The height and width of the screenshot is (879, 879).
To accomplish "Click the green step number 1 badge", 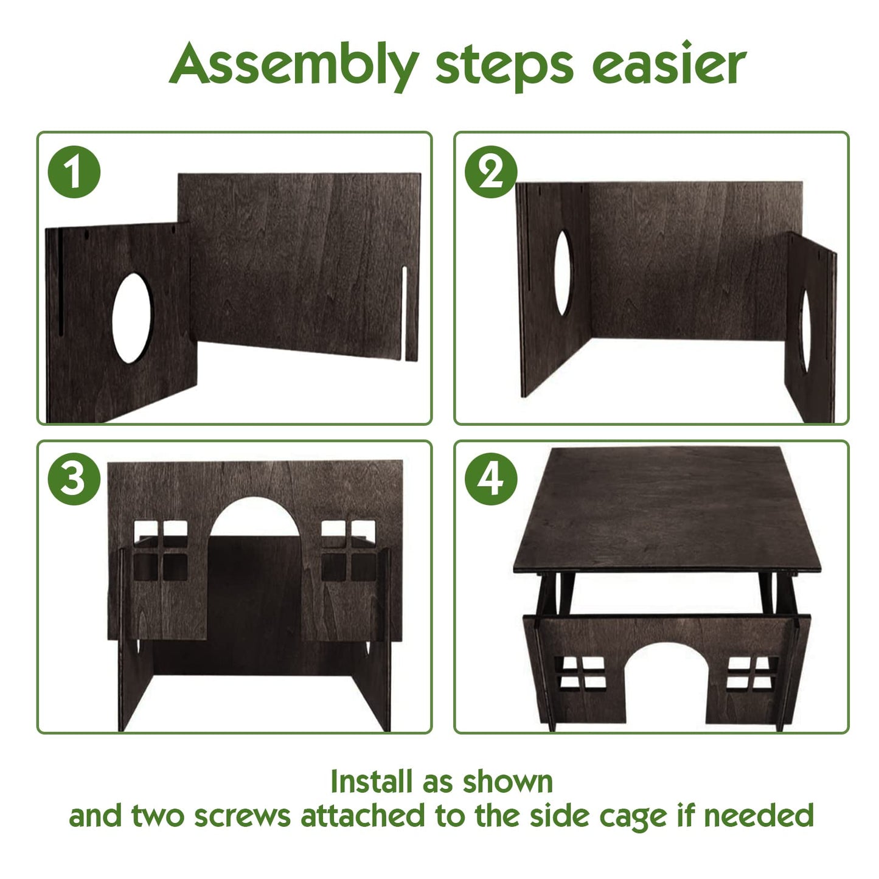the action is [74, 172].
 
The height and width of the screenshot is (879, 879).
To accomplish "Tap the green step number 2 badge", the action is [491, 172].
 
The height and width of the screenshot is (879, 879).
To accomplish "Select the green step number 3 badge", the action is [74, 479].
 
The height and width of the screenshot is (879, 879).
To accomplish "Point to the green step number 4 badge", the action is [491, 479].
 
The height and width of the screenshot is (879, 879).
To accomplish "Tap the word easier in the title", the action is [669, 64].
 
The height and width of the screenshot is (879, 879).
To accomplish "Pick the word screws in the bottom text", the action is [242, 817].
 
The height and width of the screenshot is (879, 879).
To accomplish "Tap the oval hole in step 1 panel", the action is [131, 318].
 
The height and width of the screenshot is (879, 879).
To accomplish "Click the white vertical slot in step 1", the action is [404, 313].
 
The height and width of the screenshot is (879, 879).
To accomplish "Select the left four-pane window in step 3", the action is [160, 551].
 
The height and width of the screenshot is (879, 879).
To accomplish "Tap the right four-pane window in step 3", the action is [349, 551].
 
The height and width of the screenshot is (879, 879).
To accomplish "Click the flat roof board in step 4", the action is [666, 509].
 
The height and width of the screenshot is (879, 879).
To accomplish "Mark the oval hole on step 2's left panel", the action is [563, 273].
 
